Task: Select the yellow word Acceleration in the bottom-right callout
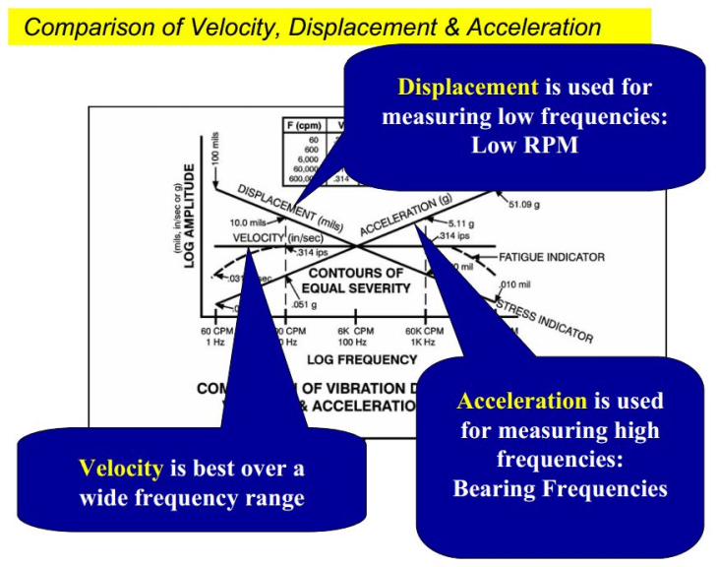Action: pos(521,401)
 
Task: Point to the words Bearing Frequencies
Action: pos(560,488)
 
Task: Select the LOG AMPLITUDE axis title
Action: pos(189,216)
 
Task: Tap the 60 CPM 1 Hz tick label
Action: pos(215,337)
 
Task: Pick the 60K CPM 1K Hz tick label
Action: pos(424,337)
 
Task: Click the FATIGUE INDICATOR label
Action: pos(551,257)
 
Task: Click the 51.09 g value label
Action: pos(525,206)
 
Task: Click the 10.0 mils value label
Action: pos(249,223)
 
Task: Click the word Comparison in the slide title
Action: pos(82,27)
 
